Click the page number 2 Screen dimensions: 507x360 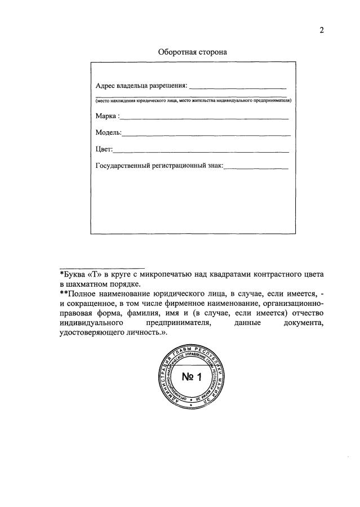point(322,30)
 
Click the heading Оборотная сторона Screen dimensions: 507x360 point(192,52)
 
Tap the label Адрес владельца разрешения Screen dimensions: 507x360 point(141,86)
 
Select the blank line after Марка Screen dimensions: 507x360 point(205,118)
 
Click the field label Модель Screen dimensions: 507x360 point(108,133)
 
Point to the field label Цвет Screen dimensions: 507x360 point(104,149)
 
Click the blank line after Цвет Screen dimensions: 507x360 point(202,152)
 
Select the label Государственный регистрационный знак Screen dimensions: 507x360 point(160,166)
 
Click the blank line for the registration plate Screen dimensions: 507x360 point(256,168)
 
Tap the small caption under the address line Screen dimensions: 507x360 point(193,100)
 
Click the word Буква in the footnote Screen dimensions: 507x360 point(74,274)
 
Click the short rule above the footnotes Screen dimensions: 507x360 point(102,267)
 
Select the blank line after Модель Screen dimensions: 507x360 point(206,136)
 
